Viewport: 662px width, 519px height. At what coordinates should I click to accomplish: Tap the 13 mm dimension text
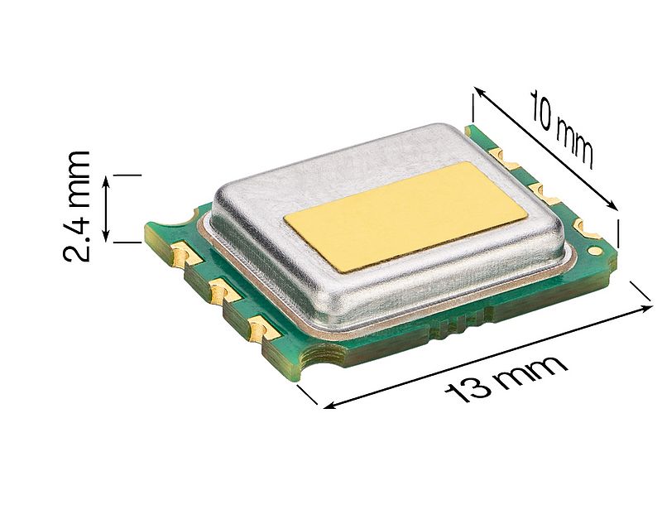(506, 377)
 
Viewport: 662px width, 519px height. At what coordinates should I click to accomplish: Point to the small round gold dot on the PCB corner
(594, 248)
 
